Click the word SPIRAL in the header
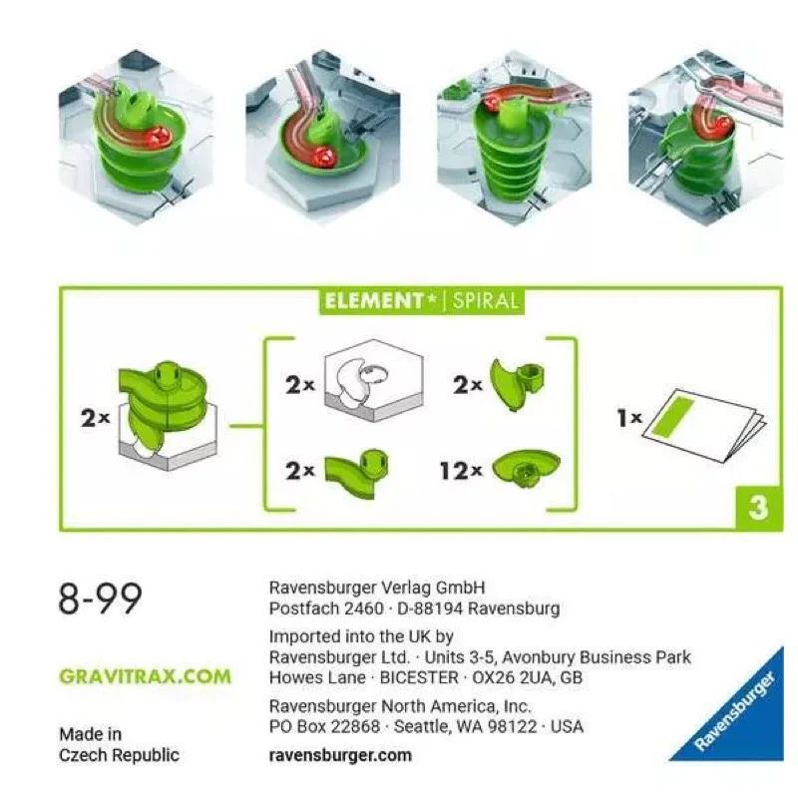(x=486, y=301)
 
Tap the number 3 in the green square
(x=758, y=508)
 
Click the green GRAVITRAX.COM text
(x=145, y=676)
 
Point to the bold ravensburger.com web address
(x=340, y=755)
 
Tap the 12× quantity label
(x=461, y=469)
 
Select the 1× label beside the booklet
(x=629, y=419)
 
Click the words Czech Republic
(x=119, y=755)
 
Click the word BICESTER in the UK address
(x=417, y=678)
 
